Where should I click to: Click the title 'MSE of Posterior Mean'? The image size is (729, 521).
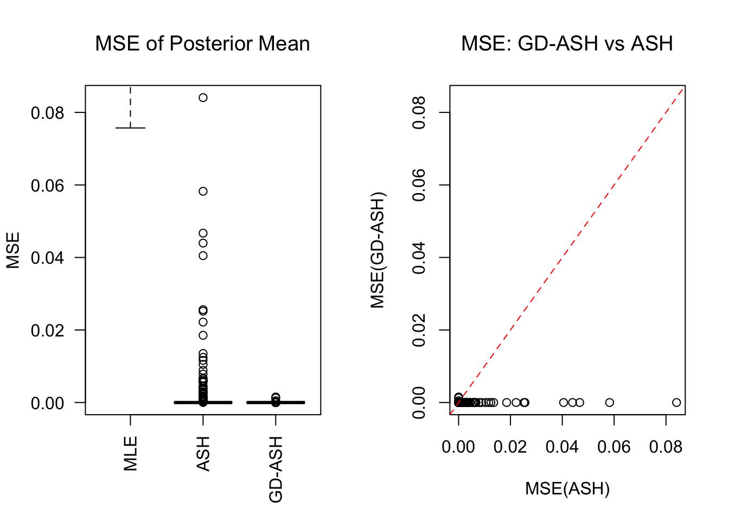202,43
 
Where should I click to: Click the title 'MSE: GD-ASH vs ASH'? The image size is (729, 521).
567,43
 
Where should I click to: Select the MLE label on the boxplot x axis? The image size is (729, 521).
131,454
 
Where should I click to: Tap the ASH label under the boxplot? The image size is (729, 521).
203,454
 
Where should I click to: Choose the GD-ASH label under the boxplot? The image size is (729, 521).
276,470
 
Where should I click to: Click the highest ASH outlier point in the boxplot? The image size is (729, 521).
203,98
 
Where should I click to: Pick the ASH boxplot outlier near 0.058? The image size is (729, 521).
203,191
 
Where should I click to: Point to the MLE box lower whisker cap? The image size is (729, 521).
130,128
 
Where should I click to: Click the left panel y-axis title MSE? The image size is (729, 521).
13,250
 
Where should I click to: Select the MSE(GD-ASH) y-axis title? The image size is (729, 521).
378,250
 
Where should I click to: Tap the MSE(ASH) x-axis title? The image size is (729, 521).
567,489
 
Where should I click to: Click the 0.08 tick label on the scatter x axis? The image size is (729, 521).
666,447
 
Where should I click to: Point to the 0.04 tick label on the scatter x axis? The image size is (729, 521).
562,447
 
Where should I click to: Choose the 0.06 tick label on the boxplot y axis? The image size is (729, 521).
47,186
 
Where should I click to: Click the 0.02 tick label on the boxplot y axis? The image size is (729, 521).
47,331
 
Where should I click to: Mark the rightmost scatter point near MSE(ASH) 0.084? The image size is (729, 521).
676,403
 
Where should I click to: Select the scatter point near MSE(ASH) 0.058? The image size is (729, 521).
610,403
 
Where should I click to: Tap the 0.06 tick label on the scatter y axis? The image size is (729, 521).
419,185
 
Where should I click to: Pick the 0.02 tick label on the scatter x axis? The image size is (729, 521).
510,447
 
